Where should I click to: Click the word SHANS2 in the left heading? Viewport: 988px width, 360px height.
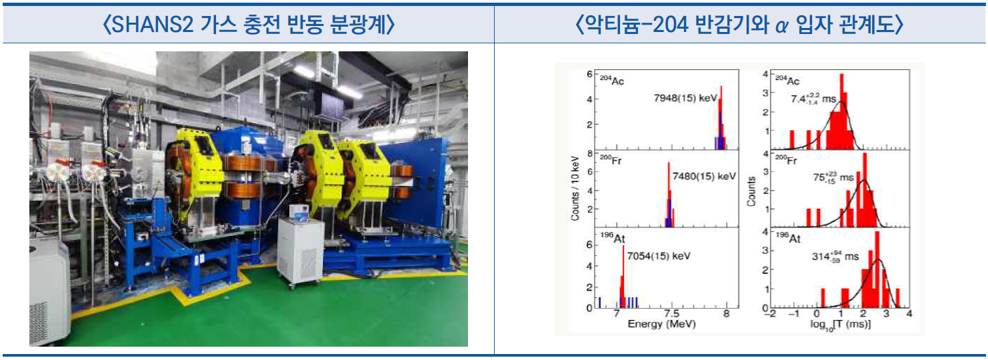(153, 24)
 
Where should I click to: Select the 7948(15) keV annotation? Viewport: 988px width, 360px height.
(685, 98)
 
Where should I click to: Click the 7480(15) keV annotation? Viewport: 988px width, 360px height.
(705, 177)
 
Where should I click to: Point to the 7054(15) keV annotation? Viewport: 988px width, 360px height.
(659, 256)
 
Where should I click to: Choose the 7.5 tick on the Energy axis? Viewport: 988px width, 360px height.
(671, 314)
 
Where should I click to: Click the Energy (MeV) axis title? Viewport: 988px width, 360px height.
(661, 324)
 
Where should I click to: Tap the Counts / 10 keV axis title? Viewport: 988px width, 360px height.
(575, 189)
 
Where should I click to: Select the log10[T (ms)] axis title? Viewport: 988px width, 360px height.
(840, 325)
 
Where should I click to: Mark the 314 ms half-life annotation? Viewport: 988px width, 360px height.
(835, 256)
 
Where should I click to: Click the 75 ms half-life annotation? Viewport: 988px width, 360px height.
(833, 177)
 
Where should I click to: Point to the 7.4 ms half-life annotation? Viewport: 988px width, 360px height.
(813, 99)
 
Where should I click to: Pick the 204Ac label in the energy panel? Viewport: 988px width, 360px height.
(612, 80)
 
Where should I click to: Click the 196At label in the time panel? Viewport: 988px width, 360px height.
(788, 238)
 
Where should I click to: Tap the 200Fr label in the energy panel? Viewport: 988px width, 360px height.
(611, 159)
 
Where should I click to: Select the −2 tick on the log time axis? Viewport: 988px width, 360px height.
(770, 314)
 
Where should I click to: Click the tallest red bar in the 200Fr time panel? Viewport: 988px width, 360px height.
(865, 190)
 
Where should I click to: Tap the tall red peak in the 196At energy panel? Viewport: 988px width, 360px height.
(623, 277)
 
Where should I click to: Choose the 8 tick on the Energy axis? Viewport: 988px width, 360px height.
(726, 314)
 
